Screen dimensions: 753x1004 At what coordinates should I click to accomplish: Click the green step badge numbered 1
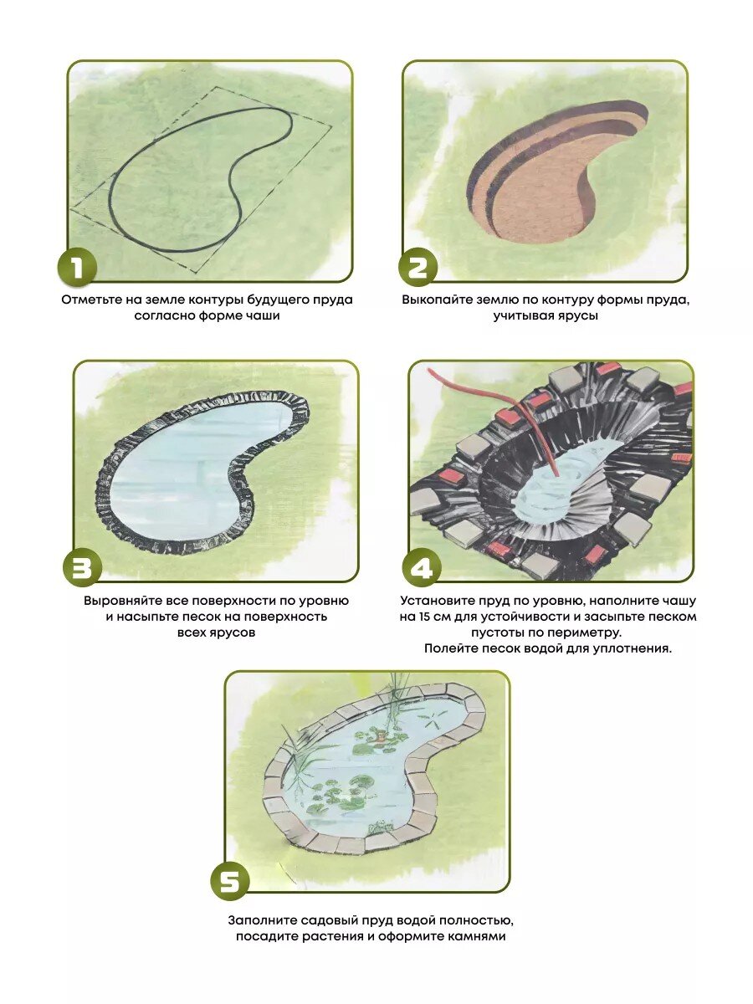pyautogui.click(x=77, y=267)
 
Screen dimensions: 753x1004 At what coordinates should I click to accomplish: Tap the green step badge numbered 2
pyautogui.click(x=417, y=267)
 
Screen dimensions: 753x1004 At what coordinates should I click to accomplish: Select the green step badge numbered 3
pyautogui.click(x=82, y=567)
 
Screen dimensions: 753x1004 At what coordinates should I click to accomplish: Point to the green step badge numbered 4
pyautogui.click(x=422, y=567)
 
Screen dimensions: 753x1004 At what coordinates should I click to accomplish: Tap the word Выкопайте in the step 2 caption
pyautogui.click(x=432, y=300)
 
